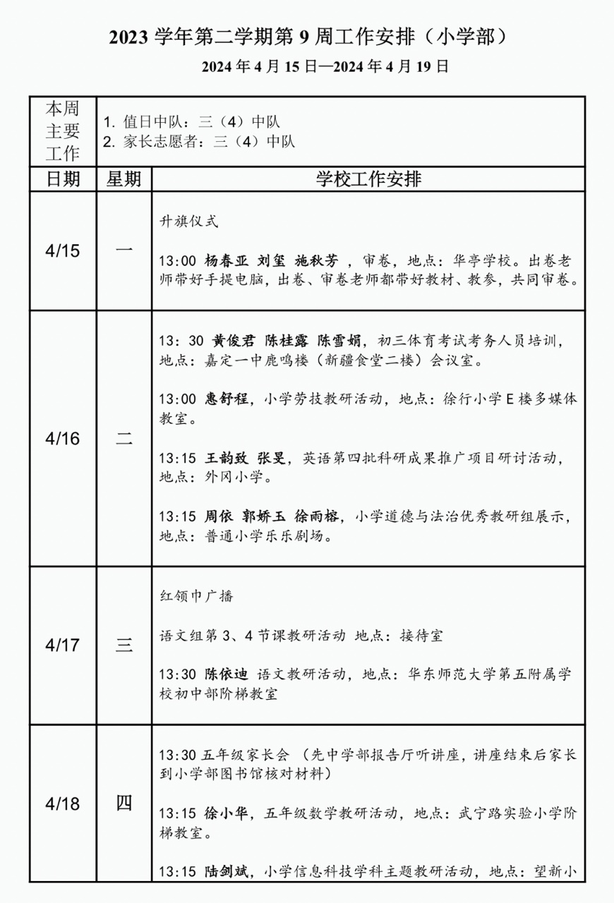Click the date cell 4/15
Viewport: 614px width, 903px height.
click(62, 250)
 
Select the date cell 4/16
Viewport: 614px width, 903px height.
click(62, 438)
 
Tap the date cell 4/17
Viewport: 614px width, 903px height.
click(62, 645)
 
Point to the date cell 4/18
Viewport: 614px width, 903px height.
click(62, 803)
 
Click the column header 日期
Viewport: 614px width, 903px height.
click(62, 179)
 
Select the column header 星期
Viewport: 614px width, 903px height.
click(124, 179)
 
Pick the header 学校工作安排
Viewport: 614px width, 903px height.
click(368, 179)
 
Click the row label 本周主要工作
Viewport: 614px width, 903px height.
click(62, 131)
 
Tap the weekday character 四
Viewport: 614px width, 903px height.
click(124, 803)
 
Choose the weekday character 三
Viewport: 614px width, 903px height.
click(124, 645)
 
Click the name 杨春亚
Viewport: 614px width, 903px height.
click(225, 260)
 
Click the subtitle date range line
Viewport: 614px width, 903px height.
click(325, 67)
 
